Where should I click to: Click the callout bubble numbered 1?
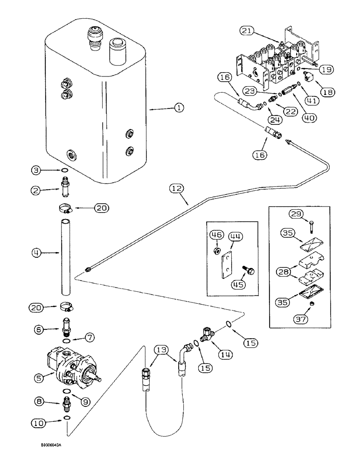coord(179,108)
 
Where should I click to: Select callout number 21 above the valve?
coord(247,31)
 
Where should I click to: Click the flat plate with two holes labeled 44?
coord(227,264)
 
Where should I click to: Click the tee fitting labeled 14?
coord(206,333)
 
